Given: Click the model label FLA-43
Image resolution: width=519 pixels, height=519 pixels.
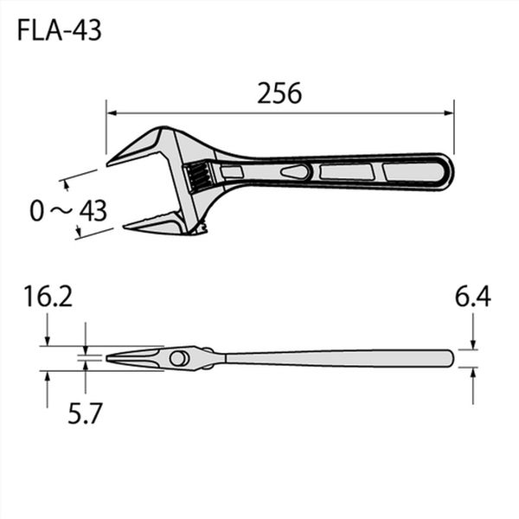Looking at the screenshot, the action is [59, 30].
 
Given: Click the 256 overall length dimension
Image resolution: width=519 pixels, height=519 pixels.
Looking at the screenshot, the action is [279, 93].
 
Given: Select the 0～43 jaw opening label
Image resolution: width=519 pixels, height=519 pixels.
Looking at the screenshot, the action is [68, 210].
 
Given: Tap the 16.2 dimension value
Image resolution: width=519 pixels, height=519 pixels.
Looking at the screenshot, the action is [48, 297].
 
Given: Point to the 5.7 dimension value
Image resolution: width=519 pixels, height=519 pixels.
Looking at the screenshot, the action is [84, 413].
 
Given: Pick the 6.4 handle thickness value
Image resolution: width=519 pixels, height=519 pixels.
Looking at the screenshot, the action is [472, 297].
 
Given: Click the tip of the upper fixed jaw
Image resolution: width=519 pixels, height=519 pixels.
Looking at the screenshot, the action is [107, 163].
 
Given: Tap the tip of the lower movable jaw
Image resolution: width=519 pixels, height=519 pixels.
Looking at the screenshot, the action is [125, 227].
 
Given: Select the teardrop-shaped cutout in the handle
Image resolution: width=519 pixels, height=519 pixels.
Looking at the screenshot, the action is [295, 172].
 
